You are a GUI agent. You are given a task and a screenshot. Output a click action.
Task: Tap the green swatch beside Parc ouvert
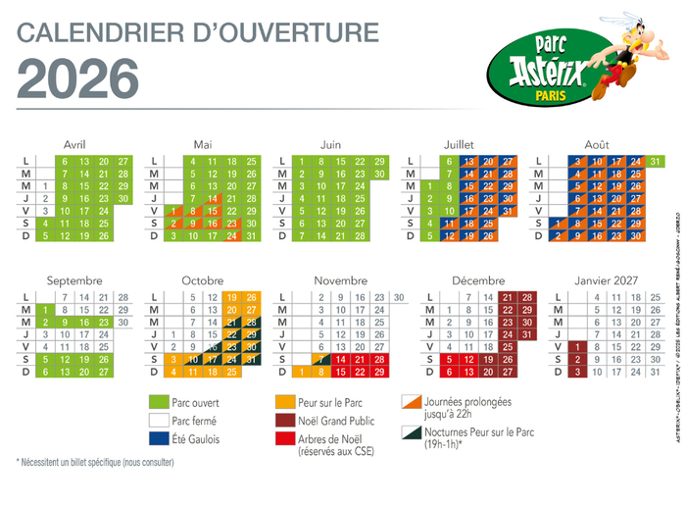click(157, 403)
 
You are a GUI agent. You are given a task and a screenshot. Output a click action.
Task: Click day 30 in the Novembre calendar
click(398, 297)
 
